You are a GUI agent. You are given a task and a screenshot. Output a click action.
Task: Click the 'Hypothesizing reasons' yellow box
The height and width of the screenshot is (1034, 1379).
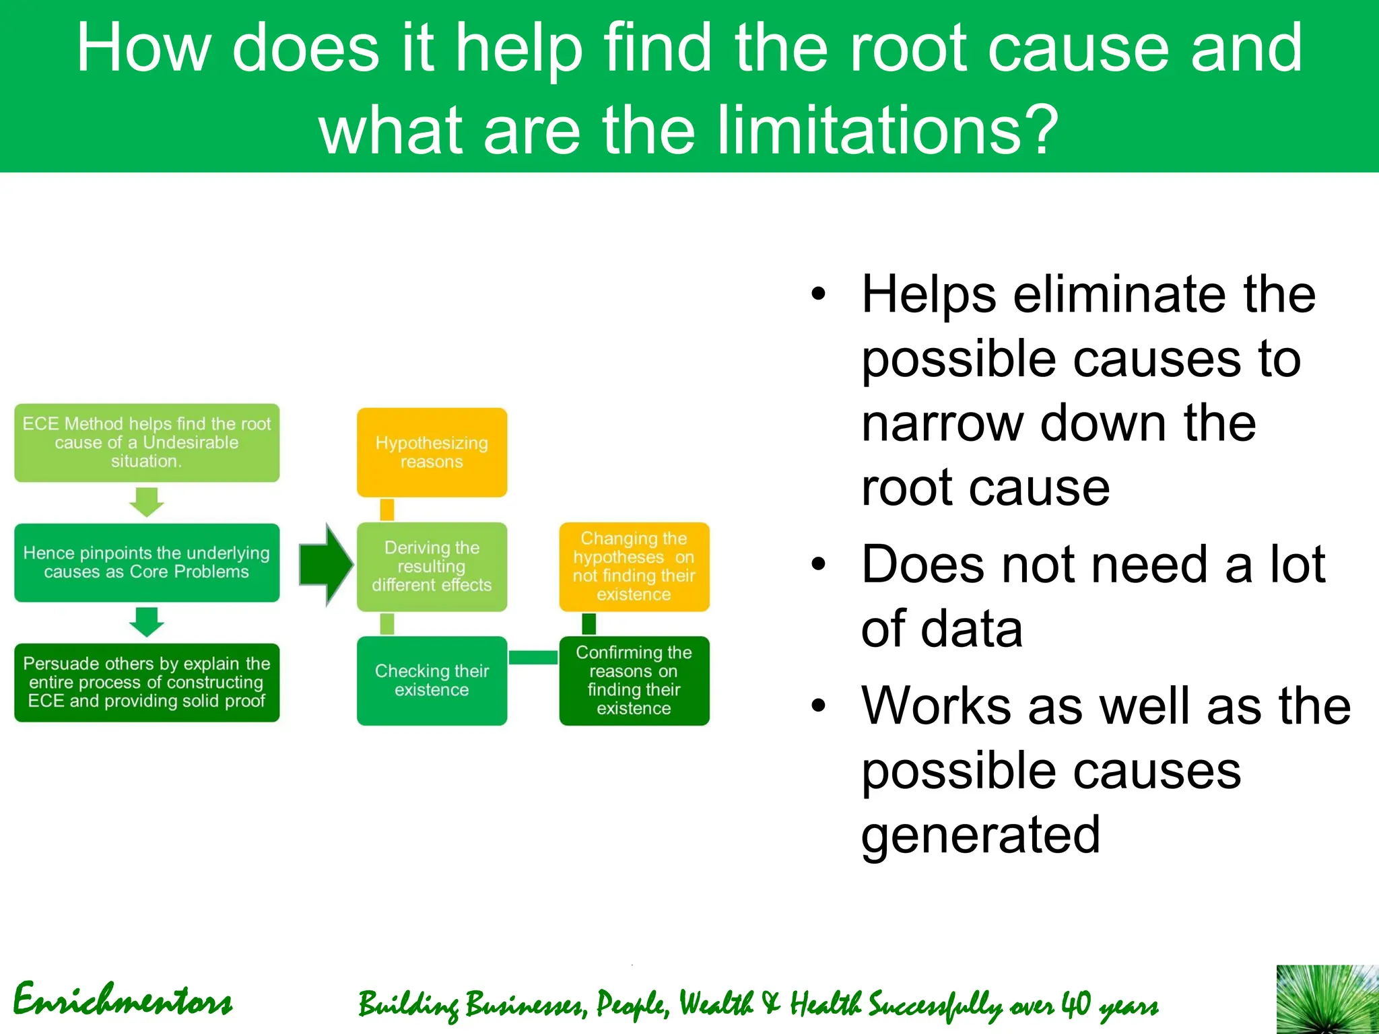pyautogui.click(x=432, y=452)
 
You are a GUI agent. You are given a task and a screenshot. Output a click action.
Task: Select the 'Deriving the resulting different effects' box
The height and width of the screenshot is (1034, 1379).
pyautogui.click(x=432, y=567)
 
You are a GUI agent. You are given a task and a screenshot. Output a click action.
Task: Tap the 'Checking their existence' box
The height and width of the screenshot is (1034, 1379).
pyautogui.click(x=432, y=681)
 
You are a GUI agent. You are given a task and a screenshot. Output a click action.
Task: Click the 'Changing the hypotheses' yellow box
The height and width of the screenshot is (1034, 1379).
pyautogui.click(x=634, y=567)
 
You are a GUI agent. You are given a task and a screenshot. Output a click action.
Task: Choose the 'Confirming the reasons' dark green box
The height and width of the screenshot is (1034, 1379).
pyautogui.click(x=634, y=681)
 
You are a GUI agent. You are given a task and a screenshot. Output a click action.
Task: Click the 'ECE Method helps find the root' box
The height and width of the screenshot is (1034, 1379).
pyautogui.click(x=147, y=442)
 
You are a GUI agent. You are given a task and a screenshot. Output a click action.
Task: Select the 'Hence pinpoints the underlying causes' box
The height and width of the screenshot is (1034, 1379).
pyautogui.click(x=147, y=563)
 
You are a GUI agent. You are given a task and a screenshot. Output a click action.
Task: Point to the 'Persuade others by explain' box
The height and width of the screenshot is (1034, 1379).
pyautogui.click(x=147, y=683)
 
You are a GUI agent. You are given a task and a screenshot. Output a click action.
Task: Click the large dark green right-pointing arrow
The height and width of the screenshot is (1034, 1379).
pyautogui.click(x=326, y=564)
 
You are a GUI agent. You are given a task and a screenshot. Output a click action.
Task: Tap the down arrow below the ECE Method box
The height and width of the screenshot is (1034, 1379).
pyautogui.click(x=147, y=502)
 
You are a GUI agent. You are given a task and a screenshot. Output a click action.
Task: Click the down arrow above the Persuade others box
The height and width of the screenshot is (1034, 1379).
pyautogui.click(x=147, y=622)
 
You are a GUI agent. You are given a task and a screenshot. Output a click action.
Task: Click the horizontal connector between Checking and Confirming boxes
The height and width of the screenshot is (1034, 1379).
pyautogui.click(x=533, y=658)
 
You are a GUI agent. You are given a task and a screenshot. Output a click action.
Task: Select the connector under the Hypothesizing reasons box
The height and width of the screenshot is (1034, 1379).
pyautogui.click(x=387, y=510)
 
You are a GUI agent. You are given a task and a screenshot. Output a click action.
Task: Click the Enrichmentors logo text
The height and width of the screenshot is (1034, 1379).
pyautogui.click(x=123, y=1000)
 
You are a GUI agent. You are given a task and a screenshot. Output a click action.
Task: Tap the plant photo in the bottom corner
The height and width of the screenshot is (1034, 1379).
pyautogui.click(x=1327, y=999)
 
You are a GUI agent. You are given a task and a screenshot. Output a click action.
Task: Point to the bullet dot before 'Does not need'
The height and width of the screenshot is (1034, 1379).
pyautogui.click(x=818, y=564)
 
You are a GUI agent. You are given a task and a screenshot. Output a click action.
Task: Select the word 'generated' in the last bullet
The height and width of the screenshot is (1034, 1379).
pyautogui.click(x=980, y=835)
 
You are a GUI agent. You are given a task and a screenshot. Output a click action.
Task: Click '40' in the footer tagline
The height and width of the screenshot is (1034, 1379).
pyautogui.click(x=1075, y=1004)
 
